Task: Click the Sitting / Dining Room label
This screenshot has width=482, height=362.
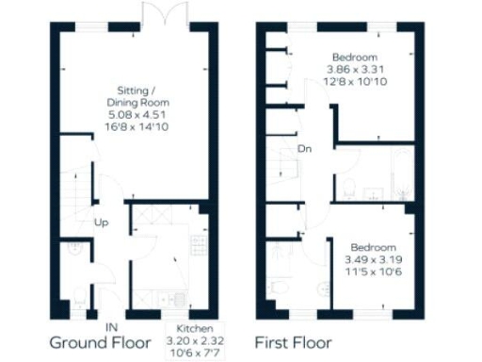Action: (x=123, y=90)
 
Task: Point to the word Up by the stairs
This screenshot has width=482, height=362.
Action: (x=100, y=222)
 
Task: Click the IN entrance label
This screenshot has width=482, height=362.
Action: (x=111, y=326)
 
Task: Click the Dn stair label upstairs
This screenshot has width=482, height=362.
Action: (x=304, y=149)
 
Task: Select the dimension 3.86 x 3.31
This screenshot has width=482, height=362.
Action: (x=357, y=70)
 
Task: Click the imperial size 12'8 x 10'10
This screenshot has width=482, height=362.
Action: (x=357, y=83)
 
